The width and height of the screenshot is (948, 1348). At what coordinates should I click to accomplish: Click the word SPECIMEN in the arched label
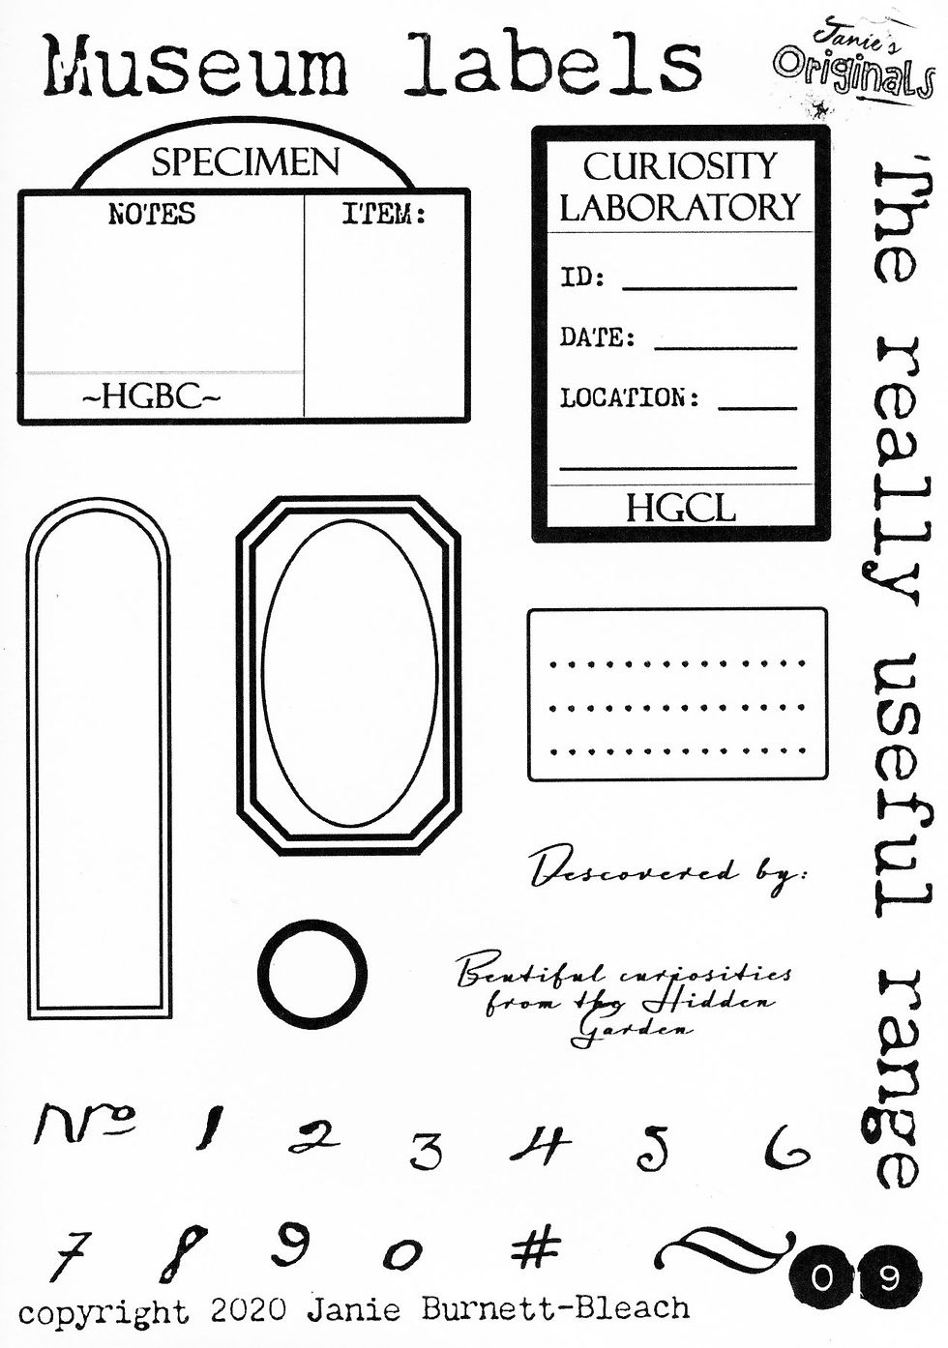[246, 162]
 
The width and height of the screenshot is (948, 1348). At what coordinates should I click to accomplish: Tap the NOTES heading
[151, 214]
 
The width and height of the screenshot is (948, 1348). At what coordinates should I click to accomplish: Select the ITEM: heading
[384, 214]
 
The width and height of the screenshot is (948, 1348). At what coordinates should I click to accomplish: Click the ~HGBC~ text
[151, 396]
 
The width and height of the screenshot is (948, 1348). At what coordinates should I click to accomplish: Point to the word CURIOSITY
[679, 166]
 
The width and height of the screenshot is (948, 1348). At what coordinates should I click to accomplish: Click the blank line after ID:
[709, 287]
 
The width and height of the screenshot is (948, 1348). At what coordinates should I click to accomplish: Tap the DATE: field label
[597, 337]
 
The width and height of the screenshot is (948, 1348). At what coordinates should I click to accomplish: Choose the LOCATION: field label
[629, 397]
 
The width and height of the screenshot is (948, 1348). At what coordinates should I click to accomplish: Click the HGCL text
[680, 508]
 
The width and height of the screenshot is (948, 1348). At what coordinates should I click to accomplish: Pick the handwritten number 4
[541, 1146]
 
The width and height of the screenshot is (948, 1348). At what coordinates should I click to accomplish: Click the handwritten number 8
[183, 1253]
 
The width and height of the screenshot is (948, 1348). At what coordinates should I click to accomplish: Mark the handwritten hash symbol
[535, 1246]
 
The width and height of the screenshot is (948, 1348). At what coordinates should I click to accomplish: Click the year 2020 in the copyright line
[248, 1310]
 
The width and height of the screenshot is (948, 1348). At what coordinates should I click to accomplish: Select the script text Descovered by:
[667, 870]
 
